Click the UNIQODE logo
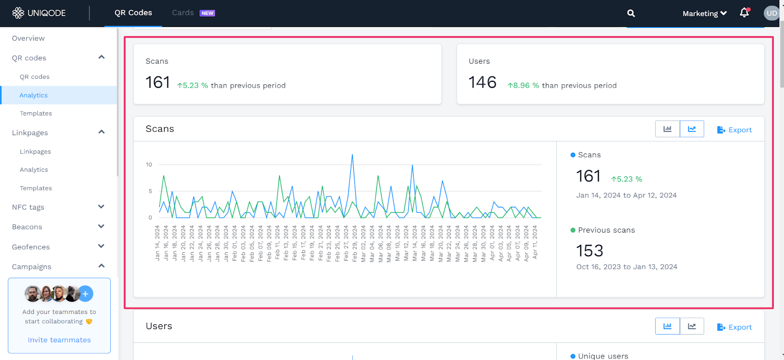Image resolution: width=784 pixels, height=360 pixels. (x=39, y=13)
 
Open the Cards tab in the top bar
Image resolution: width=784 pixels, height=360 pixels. (x=183, y=13)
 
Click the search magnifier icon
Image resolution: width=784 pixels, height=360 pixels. (x=631, y=13)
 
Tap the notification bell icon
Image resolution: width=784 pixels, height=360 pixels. (x=744, y=13)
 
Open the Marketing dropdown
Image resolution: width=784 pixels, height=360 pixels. (x=704, y=13)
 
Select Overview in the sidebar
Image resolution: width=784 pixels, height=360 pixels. (x=28, y=38)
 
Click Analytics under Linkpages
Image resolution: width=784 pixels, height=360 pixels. (x=34, y=169)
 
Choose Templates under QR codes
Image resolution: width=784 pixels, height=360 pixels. (x=36, y=113)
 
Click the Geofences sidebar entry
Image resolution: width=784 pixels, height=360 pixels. (x=31, y=247)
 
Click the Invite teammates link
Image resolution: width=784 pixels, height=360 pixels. (x=59, y=340)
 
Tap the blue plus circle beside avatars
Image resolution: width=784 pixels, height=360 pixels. (x=85, y=293)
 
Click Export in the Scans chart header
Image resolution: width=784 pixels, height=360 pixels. (x=734, y=130)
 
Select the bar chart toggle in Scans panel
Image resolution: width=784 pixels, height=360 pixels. (x=667, y=129)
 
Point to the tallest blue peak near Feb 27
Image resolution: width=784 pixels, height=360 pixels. (x=352, y=155)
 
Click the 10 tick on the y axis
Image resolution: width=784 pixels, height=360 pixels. (x=149, y=165)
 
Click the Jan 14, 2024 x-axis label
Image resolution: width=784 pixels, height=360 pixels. (x=157, y=243)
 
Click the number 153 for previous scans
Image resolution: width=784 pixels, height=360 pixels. (x=589, y=251)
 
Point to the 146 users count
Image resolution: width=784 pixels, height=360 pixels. (x=482, y=82)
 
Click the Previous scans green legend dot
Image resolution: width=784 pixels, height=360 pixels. (x=573, y=230)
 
